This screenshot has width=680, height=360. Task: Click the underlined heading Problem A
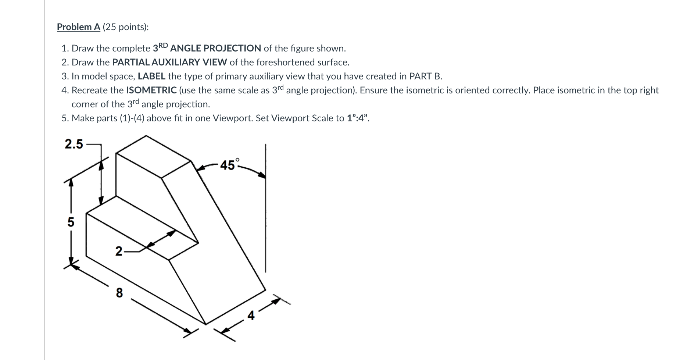(79, 27)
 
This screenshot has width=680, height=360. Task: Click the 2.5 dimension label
(74, 144)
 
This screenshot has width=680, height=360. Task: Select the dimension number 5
(71, 222)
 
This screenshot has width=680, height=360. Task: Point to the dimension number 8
(119, 293)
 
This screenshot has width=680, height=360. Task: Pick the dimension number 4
(251, 316)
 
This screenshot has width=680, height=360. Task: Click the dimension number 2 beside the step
(119, 252)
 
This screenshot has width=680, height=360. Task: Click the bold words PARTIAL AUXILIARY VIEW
(169, 62)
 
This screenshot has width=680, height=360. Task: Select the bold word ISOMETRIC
(151, 90)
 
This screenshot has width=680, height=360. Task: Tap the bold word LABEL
(151, 76)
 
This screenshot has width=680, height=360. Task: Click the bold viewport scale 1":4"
(357, 118)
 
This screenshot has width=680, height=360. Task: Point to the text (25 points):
(126, 27)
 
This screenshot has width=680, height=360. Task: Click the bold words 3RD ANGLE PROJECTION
(207, 48)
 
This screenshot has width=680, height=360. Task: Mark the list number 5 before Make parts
(65, 118)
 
